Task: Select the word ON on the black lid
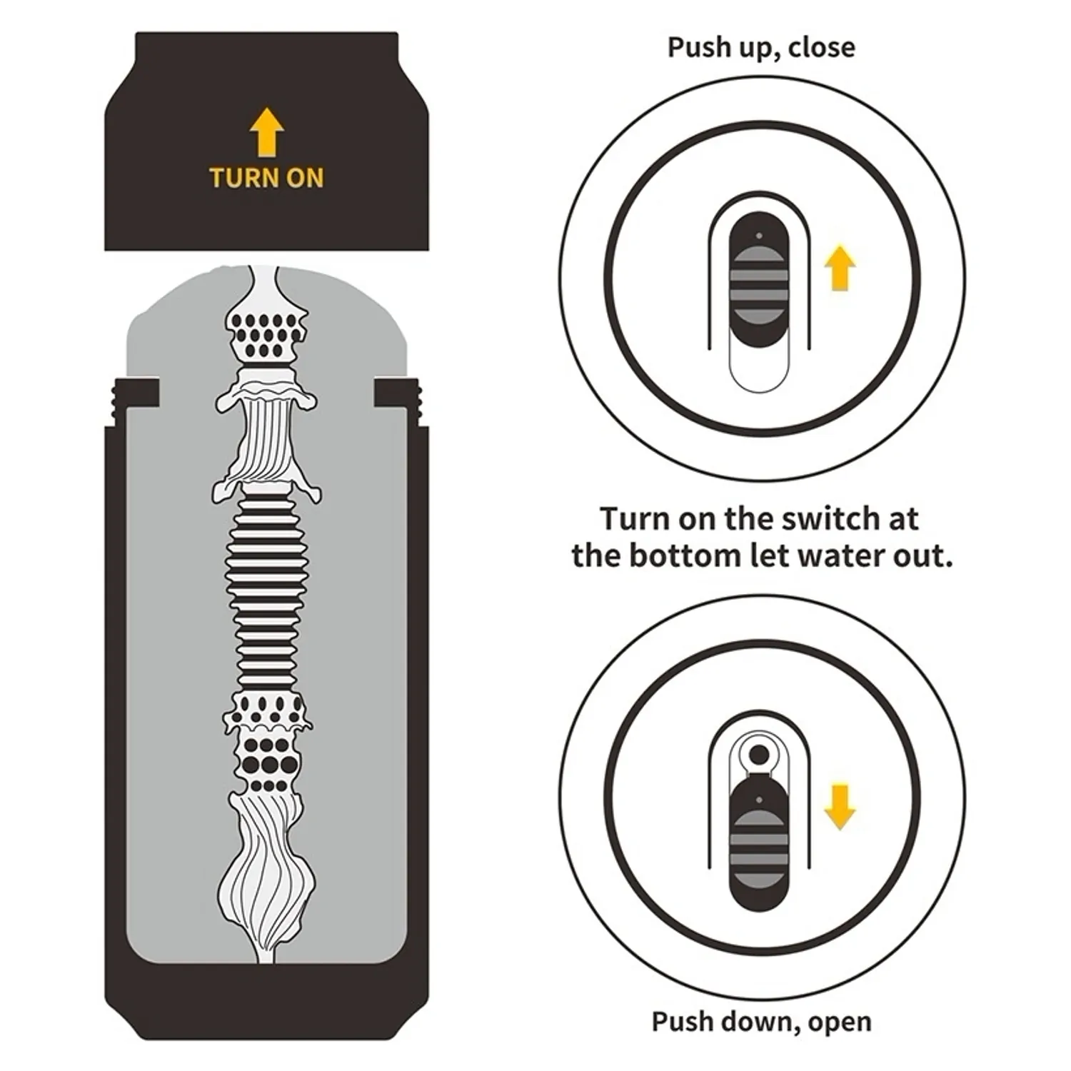click(x=305, y=178)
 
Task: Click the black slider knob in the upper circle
click(x=759, y=279)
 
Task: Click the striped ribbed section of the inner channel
click(x=267, y=593)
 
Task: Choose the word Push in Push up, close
click(x=696, y=47)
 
